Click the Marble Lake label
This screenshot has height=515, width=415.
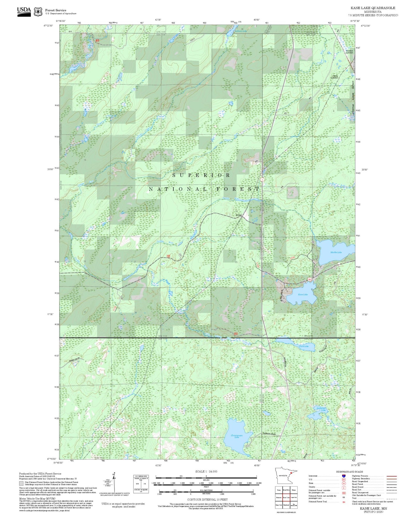[x=336, y=252]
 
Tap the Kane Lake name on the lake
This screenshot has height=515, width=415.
[x=303, y=295]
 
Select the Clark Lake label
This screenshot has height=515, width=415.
[x=304, y=346]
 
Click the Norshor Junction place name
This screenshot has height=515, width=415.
[x=349, y=52]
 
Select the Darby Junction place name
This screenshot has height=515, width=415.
[x=335, y=77]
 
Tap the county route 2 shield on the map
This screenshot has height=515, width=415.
[x=261, y=180]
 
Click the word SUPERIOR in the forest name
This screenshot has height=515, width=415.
[x=201, y=175]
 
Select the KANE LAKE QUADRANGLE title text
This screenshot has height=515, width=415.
[x=371, y=8]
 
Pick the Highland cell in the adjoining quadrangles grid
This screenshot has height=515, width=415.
[x=286, y=505]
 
